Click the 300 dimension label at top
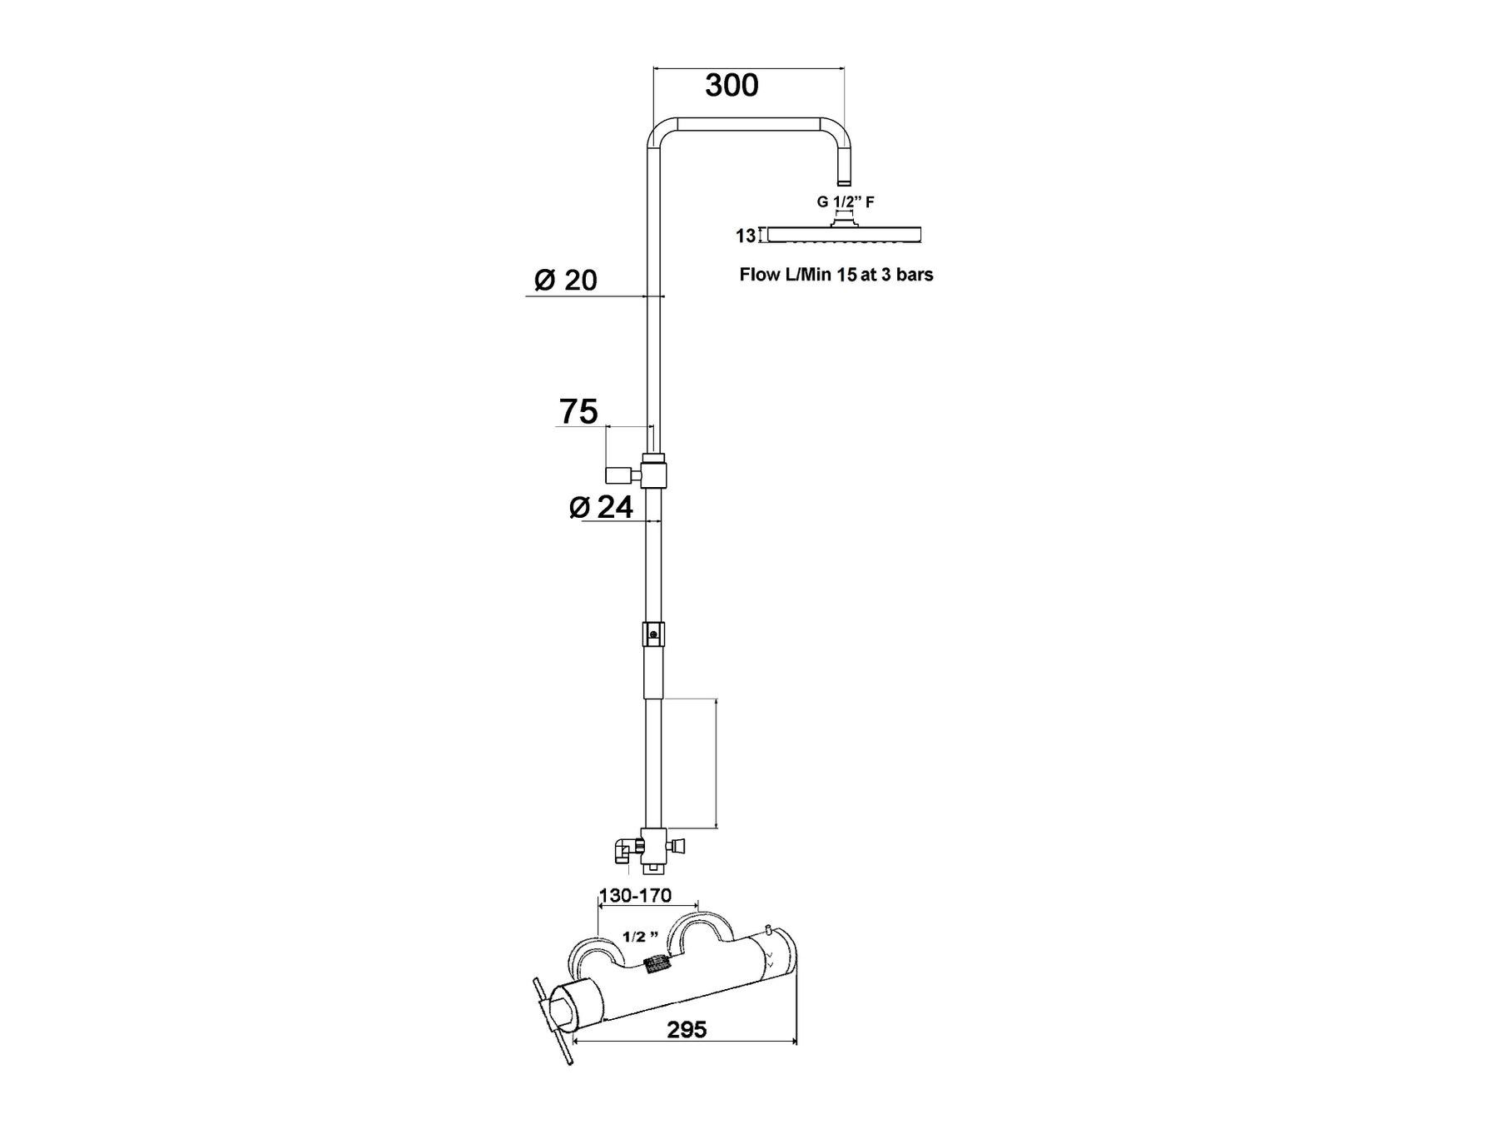tap(732, 85)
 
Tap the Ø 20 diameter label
tap(566, 280)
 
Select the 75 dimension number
tap(578, 411)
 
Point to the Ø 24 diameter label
tap(601, 506)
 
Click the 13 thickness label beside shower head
tap(746, 236)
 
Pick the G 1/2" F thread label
tap(846, 201)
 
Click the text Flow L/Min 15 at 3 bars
tap(836, 275)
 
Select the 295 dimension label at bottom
tap(687, 1030)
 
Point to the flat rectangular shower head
tap(844, 234)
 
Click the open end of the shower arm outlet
tap(844, 182)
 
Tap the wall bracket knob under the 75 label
tap(621, 475)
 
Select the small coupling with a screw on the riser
tap(653, 634)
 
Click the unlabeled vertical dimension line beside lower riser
tap(717, 763)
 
